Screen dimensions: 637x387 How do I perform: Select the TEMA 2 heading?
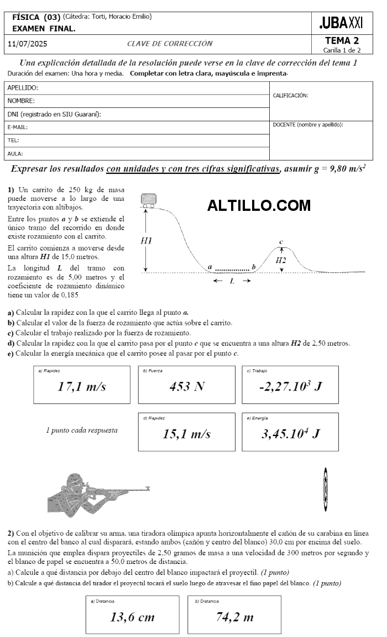pyautogui.click(x=342, y=40)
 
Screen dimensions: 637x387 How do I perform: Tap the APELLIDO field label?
pyautogui.click(x=23, y=88)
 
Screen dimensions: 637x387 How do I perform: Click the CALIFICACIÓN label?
pyautogui.click(x=290, y=95)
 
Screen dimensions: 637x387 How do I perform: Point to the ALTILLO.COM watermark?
pyautogui.click(x=259, y=206)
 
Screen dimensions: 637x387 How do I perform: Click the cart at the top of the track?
pyautogui.click(x=149, y=200)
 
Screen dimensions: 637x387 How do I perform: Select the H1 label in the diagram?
pyautogui.click(x=146, y=241)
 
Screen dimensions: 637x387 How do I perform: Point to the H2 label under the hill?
pyautogui.click(x=281, y=260)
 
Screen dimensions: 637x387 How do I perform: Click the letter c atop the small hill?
pyautogui.click(x=281, y=242)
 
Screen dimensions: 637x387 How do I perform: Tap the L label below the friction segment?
pyautogui.click(x=232, y=281)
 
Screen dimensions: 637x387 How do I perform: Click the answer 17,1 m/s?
pyautogui.click(x=82, y=386)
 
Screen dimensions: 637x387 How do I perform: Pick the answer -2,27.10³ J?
pyautogui.click(x=290, y=386)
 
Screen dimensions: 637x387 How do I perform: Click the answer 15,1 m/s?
pyautogui.click(x=187, y=434)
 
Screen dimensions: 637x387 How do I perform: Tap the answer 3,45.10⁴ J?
pyautogui.click(x=290, y=434)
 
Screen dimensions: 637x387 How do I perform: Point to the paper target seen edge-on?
pyautogui.click(x=326, y=490)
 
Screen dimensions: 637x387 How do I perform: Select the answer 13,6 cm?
pyautogui.click(x=132, y=617)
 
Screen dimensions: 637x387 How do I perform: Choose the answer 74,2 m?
pyautogui.click(x=234, y=617)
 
